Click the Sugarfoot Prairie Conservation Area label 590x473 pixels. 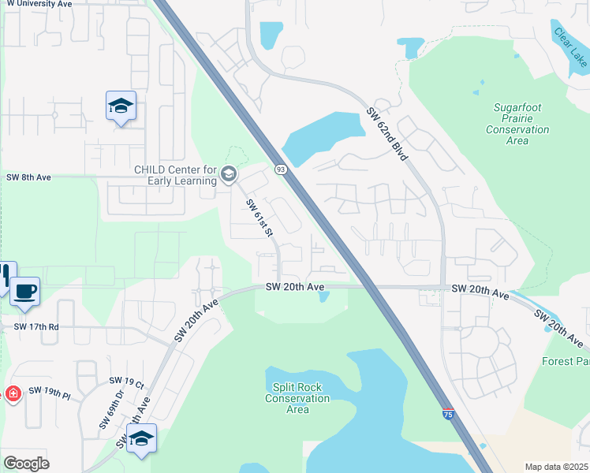517,124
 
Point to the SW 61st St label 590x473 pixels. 259,218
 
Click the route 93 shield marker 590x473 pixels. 280,169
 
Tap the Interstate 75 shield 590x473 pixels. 448,415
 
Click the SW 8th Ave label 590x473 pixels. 28,177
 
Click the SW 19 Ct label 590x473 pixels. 129,385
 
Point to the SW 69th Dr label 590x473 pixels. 112,410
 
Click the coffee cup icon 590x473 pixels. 25,292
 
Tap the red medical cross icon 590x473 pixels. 13,393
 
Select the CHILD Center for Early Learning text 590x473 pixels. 175,175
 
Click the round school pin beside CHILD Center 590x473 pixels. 229,174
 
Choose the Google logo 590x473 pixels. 26,464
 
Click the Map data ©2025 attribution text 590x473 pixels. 556,467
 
